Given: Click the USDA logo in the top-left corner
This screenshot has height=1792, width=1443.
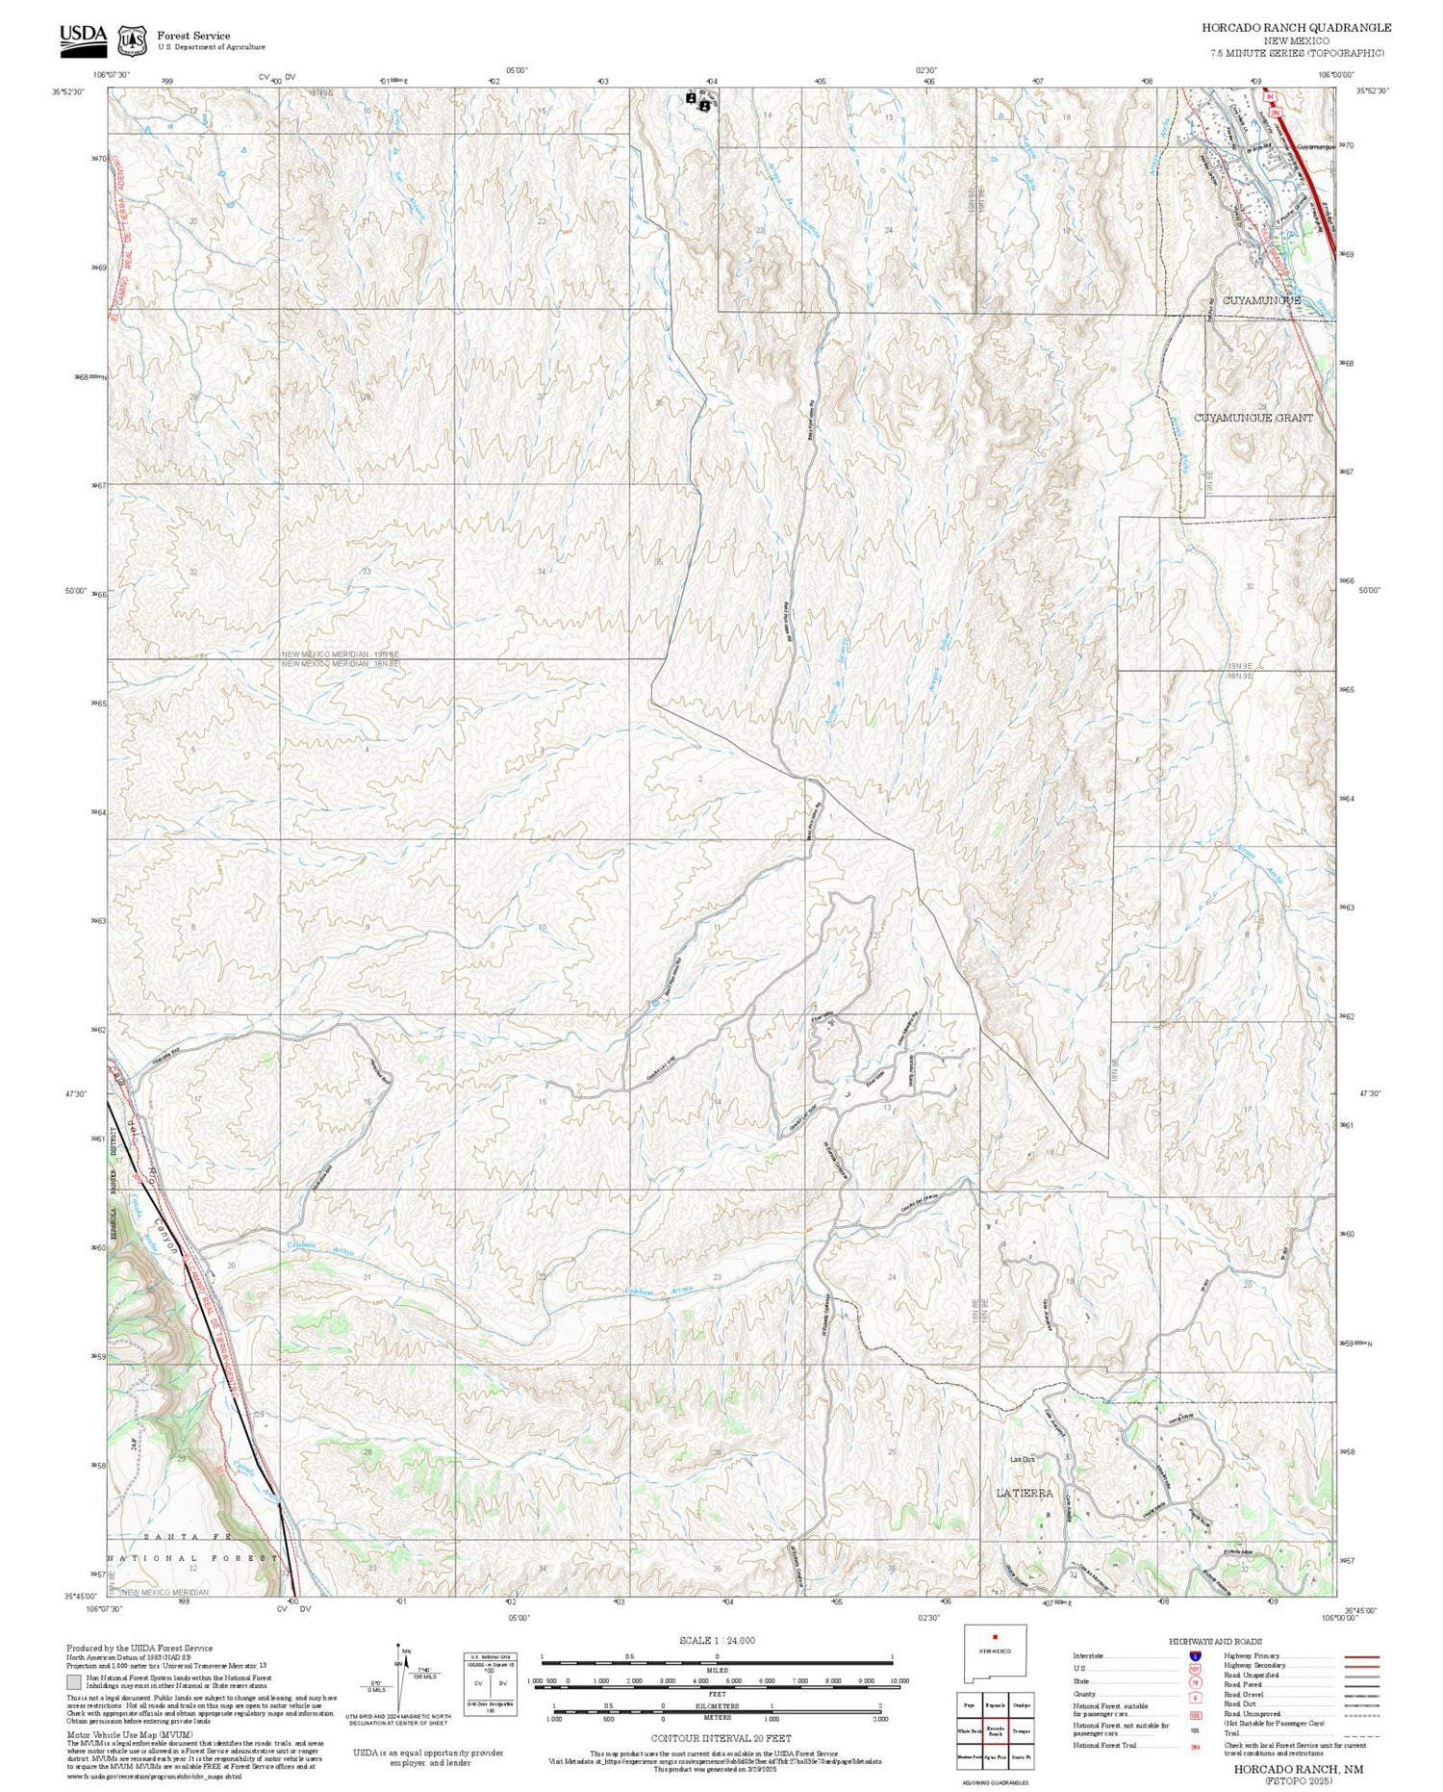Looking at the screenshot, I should pyautogui.click(x=83, y=36).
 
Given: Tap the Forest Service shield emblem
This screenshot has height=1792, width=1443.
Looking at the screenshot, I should pyautogui.click(x=132, y=40).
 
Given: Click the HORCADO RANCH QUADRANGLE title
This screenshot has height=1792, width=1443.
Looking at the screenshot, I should pyautogui.click(x=1296, y=28).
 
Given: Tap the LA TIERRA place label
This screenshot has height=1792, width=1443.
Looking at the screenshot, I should pyautogui.click(x=1024, y=1493).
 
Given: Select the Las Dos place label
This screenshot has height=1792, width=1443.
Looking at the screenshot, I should pyautogui.click(x=1022, y=1459).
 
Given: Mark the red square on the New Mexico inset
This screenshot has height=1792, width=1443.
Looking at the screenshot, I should pyautogui.click(x=996, y=1635).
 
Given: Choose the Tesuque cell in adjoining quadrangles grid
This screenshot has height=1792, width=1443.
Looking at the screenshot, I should pyautogui.click(x=1022, y=1702).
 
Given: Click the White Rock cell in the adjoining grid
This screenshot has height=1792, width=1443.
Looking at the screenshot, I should pyautogui.click(x=970, y=1702).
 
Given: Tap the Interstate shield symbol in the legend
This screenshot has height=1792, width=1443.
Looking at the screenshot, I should pyautogui.click(x=1195, y=1654).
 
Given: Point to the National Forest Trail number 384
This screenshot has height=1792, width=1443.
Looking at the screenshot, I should pyautogui.click(x=1195, y=1745).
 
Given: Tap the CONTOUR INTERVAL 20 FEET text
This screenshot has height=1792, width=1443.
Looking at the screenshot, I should pyautogui.click(x=721, y=1738).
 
